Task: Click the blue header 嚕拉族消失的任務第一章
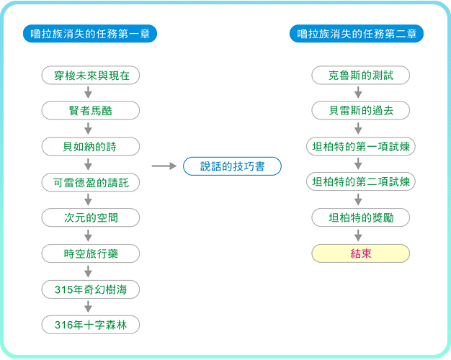(x=90, y=34)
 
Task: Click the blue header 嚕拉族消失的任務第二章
(x=357, y=34)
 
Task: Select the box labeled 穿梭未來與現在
(x=91, y=76)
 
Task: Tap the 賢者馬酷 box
(x=91, y=110)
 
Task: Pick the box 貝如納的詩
(x=91, y=146)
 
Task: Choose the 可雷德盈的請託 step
(x=91, y=182)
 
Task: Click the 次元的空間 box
(x=91, y=217)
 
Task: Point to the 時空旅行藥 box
(x=91, y=253)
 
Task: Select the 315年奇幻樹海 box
(x=91, y=289)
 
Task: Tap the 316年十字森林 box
(x=91, y=325)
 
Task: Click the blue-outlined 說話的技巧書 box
(x=232, y=166)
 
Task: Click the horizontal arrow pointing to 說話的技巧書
(x=164, y=166)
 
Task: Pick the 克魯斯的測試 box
(x=361, y=76)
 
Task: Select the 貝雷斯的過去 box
(x=361, y=110)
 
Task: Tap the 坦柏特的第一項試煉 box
(x=361, y=146)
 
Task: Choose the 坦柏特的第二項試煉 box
(x=361, y=181)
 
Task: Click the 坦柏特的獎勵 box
(x=361, y=217)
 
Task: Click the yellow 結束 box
(x=361, y=253)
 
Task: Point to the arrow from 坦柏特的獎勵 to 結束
(x=358, y=235)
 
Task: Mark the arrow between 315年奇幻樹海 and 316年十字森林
(x=89, y=307)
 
